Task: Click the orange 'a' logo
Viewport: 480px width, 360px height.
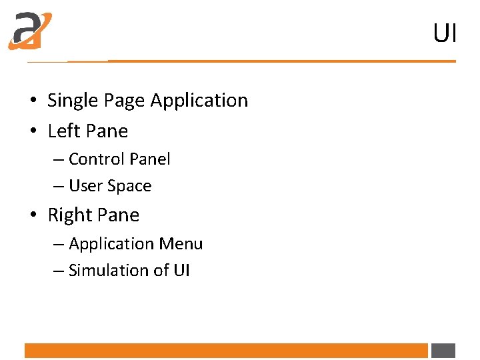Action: [30, 31]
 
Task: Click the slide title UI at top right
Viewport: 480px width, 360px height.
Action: [445, 33]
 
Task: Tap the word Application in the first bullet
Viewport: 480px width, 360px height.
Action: [199, 101]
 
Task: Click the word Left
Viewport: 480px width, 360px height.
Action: [63, 131]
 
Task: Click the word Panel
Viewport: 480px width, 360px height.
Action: [150, 159]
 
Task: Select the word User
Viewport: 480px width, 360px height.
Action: [85, 186]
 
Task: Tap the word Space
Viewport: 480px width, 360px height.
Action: [129, 187]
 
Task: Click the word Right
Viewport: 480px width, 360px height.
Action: [69, 215]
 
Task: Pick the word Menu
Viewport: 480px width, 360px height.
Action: [183, 244]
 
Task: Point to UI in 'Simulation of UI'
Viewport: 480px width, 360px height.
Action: [181, 271]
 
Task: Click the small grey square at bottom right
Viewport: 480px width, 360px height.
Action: [443, 351]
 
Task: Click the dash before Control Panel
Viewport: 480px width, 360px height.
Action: [58, 160]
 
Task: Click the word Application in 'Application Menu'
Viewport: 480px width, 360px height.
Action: [113, 245]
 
